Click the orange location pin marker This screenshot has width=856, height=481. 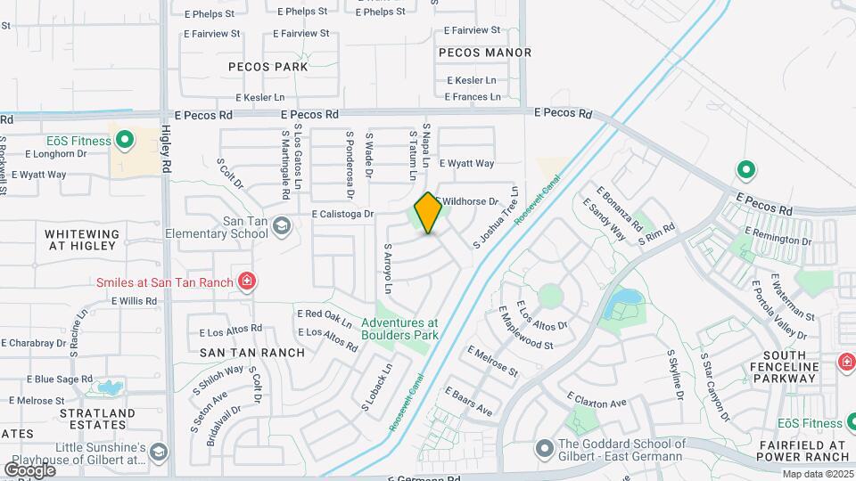(x=428, y=213)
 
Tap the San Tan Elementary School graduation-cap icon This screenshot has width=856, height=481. (x=283, y=226)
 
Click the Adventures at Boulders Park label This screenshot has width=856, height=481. (x=399, y=329)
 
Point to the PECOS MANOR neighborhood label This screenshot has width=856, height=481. (x=485, y=53)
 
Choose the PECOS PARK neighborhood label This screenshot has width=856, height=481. (x=267, y=67)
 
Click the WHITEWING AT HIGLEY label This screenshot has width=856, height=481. (x=80, y=239)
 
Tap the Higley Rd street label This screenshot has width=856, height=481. (x=167, y=148)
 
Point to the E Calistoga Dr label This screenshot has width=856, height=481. (x=342, y=215)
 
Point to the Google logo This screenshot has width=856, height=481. (x=29, y=469)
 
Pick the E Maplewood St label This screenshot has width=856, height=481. (x=526, y=327)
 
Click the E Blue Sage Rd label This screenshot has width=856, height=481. (x=53, y=379)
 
